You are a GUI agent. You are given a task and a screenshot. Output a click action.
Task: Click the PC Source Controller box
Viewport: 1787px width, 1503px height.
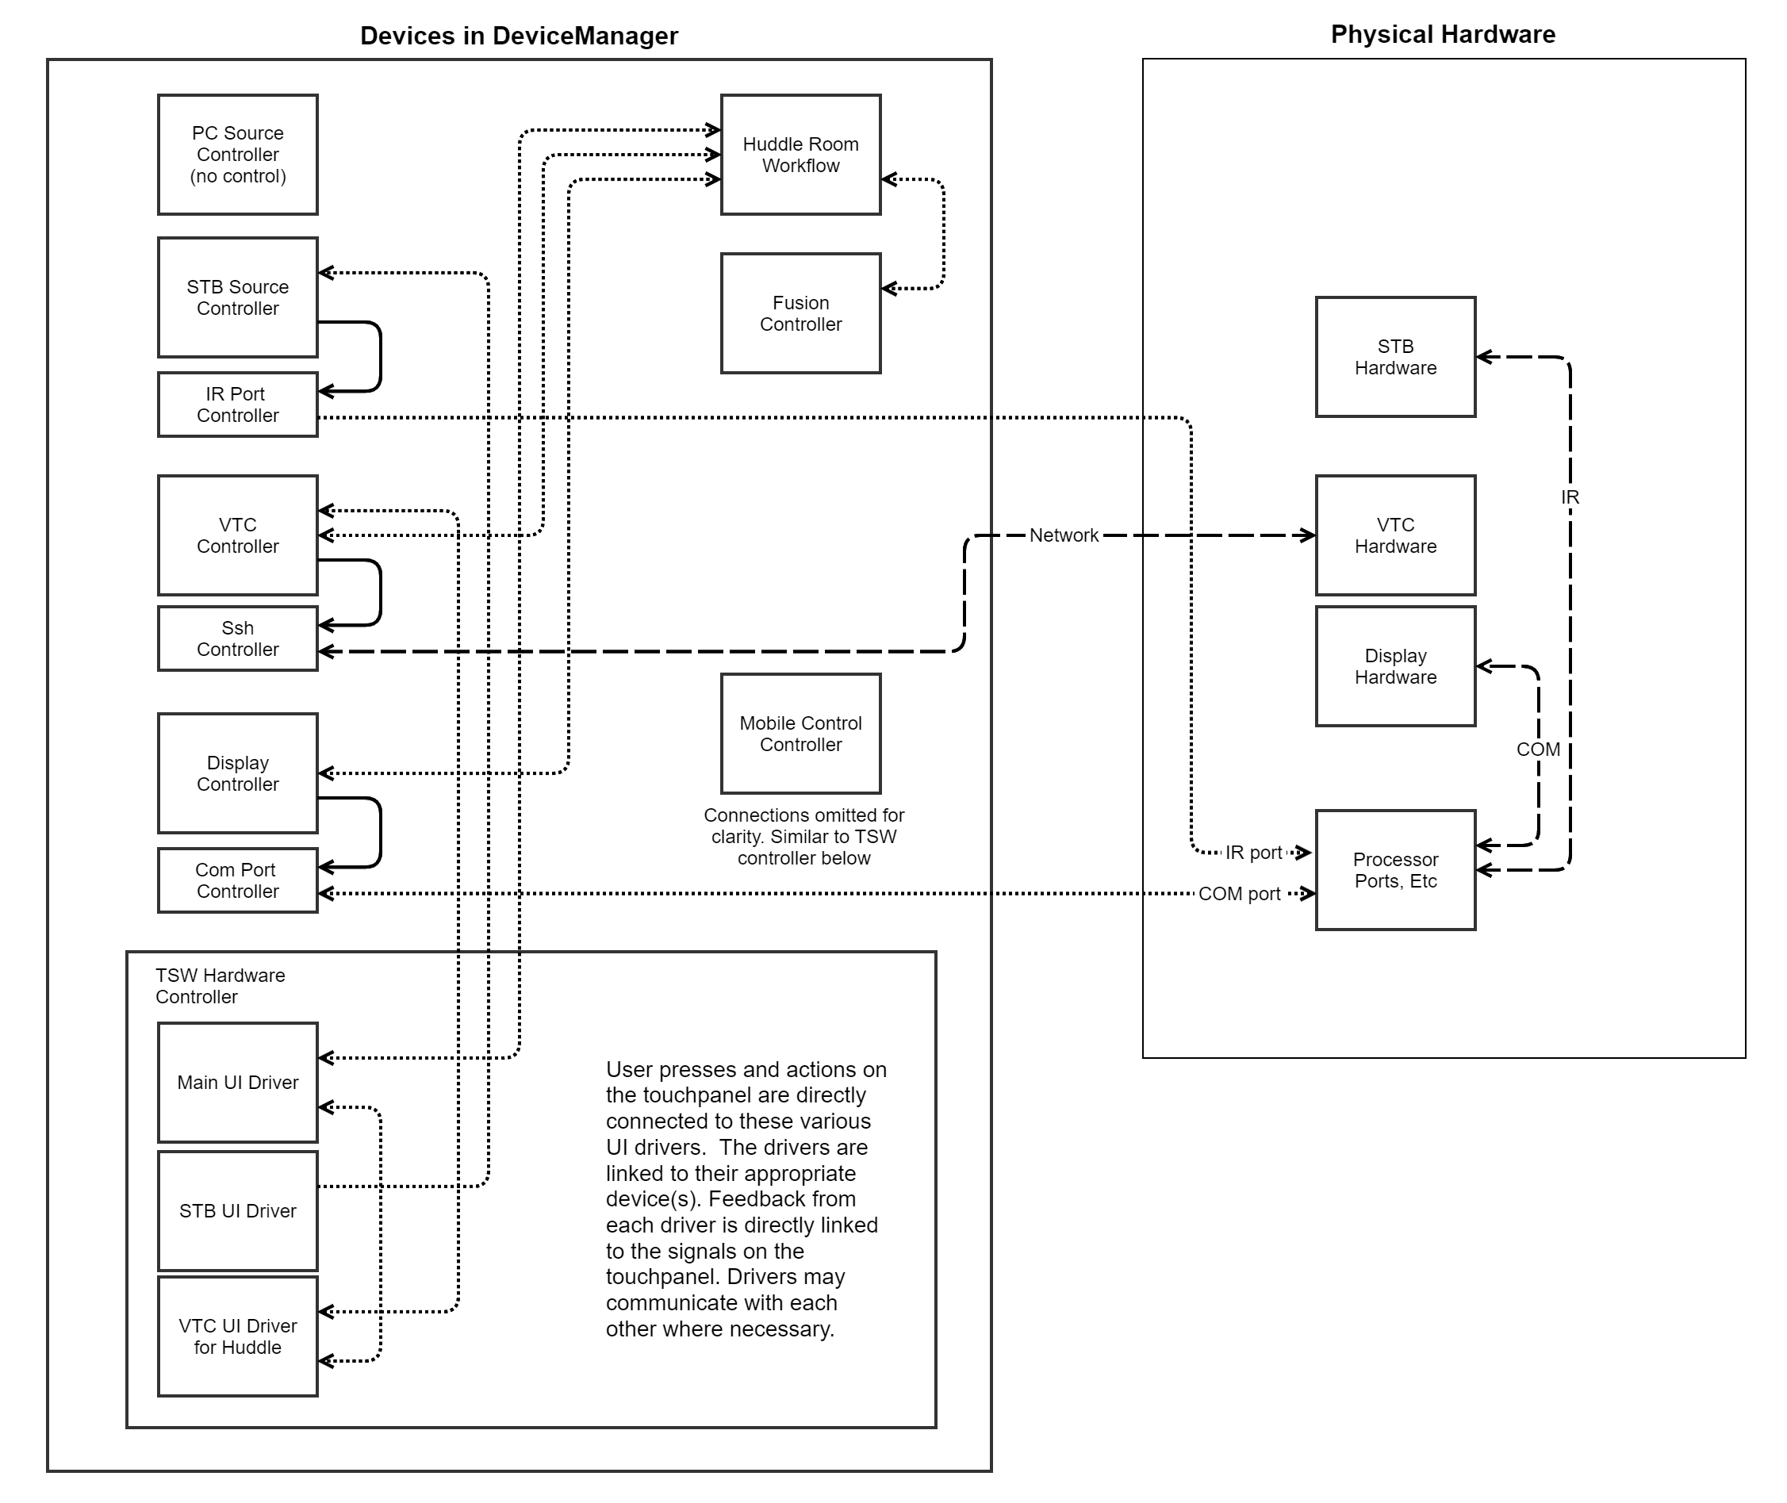[238, 154]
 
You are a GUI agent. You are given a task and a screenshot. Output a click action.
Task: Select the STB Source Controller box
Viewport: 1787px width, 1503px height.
[238, 297]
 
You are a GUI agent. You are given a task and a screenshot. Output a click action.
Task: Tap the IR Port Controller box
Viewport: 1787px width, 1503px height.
[238, 405]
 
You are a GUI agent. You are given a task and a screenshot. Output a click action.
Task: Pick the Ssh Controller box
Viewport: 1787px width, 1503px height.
[238, 638]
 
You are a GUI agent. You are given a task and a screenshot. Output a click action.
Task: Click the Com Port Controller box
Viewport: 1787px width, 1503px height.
[238, 880]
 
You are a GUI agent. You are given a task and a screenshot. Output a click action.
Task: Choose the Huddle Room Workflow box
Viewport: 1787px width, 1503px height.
[800, 154]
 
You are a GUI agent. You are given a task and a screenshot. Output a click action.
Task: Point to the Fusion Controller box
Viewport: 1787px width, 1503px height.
[800, 312]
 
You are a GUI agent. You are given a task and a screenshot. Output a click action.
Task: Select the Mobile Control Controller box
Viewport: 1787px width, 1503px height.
[800, 734]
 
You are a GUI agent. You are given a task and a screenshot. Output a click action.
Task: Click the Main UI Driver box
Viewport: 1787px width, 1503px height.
[238, 1082]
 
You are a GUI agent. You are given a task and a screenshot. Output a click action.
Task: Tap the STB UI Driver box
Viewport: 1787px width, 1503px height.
[238, 1211]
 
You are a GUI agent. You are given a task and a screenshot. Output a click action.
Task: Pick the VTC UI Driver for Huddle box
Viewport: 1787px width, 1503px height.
[238, 1336]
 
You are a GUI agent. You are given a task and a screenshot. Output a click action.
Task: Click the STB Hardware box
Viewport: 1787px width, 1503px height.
[1395, 357]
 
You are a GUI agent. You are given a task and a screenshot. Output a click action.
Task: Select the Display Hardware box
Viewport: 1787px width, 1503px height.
[1395, 666]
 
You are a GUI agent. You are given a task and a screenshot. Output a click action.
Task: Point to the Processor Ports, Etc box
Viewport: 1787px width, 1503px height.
[1395, 870]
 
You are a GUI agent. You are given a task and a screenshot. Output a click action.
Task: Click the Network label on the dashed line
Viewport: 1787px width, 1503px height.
[1064, 535]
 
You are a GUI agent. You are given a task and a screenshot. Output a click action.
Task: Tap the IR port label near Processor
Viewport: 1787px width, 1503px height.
[1253, 852]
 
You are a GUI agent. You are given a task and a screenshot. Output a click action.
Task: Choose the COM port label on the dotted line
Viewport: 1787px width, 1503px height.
[1239, 894]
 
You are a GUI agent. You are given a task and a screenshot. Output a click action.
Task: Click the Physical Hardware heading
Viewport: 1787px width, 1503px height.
[1443, 34]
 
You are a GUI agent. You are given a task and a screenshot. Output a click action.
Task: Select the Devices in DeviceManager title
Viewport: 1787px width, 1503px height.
[519, 36]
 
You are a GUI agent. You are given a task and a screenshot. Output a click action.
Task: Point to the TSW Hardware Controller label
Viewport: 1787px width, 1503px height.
[220, 986]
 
